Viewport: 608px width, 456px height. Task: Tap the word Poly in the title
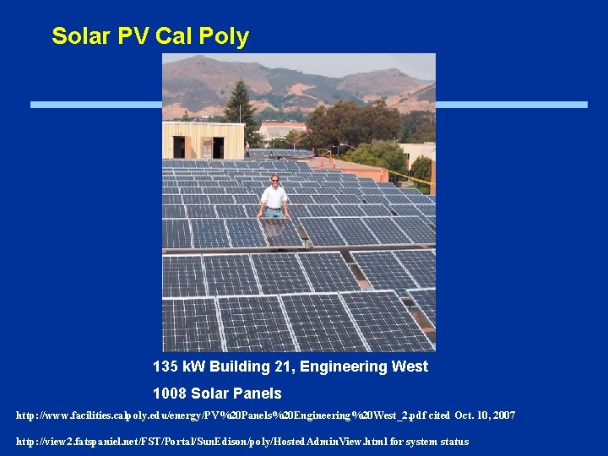click(x=225, y=36)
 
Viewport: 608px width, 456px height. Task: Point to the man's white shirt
click(x=274, y=198)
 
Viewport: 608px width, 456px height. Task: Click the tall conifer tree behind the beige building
click(x=242, y=106)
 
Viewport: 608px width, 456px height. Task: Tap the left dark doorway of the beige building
click(x=179, y=147)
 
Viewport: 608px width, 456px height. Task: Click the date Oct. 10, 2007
click(x=485, y=415)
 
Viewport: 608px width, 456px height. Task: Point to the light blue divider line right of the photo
click(x=511, y=105)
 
